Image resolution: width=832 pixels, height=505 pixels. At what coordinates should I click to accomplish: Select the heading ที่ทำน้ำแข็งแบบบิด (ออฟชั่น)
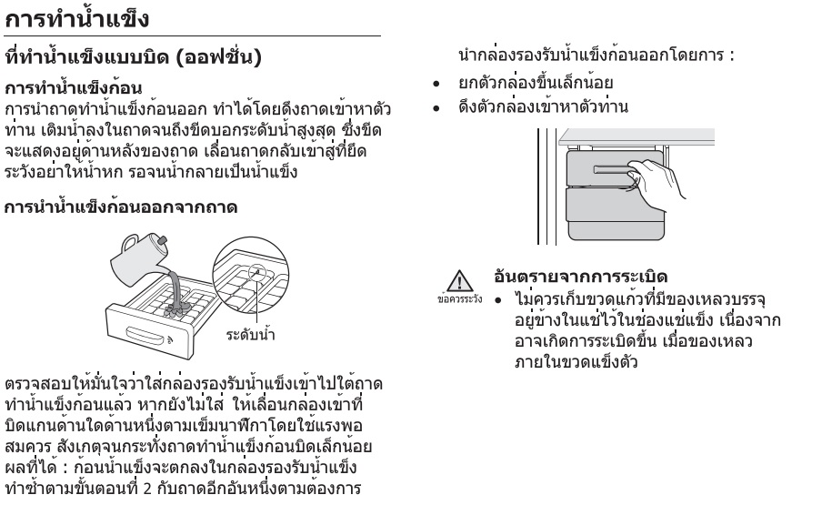point(133,56)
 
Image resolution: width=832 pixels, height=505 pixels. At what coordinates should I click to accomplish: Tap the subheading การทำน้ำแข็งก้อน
point(74,87)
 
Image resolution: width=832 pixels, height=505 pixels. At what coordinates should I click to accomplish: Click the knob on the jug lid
point(163,239)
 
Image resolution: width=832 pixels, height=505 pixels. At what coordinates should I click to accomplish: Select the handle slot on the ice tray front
point(144,335)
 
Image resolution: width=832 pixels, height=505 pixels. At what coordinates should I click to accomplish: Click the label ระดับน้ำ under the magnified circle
point(250,335)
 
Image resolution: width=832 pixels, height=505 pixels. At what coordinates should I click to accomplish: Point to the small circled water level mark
point(256,272)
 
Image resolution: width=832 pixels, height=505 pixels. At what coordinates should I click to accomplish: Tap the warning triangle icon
point(459,280)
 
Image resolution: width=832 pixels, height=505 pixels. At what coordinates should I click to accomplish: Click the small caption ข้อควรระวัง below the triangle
point(459,299)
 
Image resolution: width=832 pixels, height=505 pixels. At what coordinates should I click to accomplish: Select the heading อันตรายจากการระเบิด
point(580,276)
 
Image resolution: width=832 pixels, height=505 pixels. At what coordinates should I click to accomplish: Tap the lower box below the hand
point(616,214)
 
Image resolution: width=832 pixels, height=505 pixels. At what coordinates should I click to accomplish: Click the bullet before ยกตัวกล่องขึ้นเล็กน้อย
point(436,84)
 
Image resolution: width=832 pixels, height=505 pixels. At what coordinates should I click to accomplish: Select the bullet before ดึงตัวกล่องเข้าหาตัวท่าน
point(436,108)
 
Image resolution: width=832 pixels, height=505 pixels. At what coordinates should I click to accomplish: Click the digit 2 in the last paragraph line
point(147,488)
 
